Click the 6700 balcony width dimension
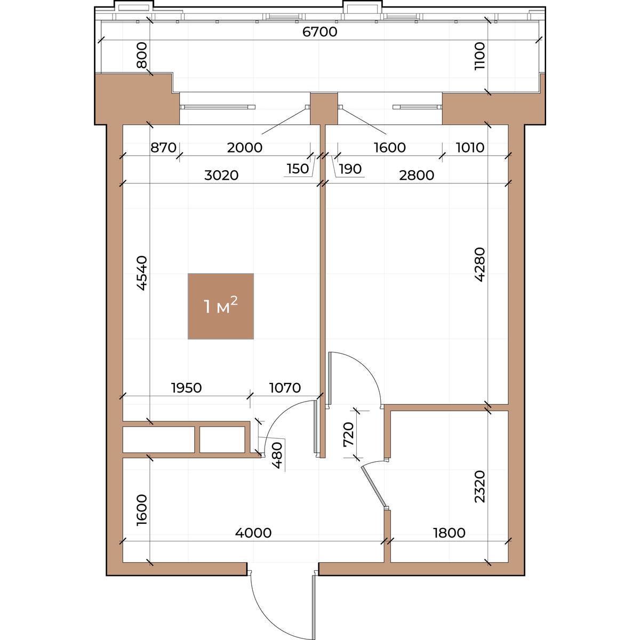[x=319, y=32]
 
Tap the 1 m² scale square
[x=220, y=306]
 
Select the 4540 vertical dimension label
[x=142, y=273]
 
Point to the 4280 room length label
[x=479, y=265]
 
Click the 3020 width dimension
[x=221, y=175]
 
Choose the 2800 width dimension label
[x=417, y=175]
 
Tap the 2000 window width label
[x=245, y=147]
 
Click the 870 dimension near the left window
[x=163, y=147]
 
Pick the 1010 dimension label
[x=470, y=147]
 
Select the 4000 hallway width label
[x=253, y=533]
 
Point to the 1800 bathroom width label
[x=449, y=533]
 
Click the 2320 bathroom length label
[x=479, y=486]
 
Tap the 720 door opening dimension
[x=349, y=435]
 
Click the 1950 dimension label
[x=186, y=388]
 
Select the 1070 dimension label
[x=285, y=388]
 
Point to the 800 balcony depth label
[x=142, y=55]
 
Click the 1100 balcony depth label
[x=479, y=56]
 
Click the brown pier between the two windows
[x=324, y=109]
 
